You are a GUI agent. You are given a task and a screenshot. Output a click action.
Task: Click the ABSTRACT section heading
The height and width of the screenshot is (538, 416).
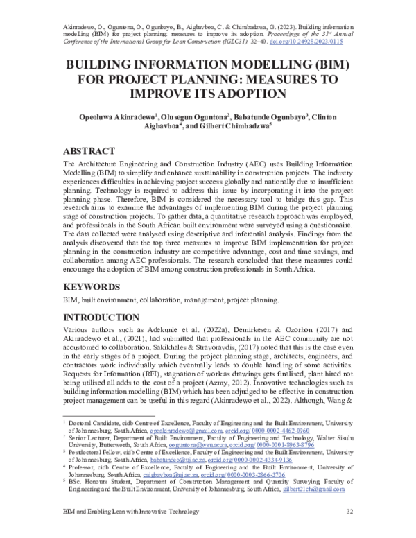tap(93, 150)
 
